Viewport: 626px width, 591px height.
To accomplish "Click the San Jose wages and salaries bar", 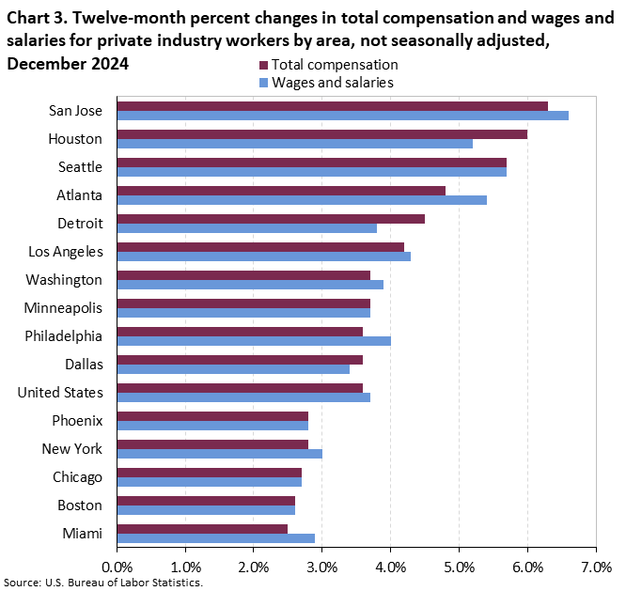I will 342,116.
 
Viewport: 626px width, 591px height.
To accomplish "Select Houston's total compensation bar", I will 321,134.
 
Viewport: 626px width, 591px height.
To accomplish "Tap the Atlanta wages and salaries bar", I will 302,200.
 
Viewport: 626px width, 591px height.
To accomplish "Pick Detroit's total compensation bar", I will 271,219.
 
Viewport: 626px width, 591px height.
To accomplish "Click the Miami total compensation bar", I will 202,529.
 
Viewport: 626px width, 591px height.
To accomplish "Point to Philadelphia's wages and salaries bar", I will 254,341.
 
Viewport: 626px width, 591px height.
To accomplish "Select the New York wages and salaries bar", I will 219,454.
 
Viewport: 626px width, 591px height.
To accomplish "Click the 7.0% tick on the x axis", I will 596,568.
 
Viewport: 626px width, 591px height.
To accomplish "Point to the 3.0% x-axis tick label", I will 321,568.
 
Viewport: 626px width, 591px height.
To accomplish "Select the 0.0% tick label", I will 117,568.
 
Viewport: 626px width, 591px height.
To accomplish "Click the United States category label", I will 60,392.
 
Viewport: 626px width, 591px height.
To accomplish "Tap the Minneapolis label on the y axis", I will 64,307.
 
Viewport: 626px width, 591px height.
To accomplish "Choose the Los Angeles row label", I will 66,251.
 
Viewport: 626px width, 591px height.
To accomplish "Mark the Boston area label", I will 80,505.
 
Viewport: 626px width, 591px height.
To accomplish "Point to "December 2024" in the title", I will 67,64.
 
